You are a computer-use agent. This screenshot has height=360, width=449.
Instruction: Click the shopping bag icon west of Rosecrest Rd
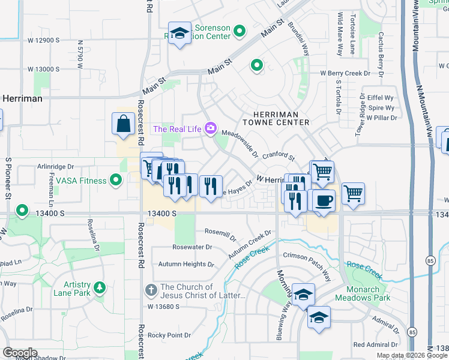coord(123,124)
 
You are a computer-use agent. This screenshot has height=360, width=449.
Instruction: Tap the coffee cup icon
coord(324,200)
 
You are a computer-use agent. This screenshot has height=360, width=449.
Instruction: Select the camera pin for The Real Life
coord(210,128)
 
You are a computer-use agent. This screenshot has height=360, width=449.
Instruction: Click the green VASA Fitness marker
coord(116,180)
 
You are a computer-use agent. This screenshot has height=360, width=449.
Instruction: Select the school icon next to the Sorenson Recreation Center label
coord(179,34)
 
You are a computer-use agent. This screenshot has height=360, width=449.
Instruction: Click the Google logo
coord(20,353)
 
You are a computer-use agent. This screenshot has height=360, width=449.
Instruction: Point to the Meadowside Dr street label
coord(240,143)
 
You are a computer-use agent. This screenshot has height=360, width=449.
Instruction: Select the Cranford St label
coord(278,156)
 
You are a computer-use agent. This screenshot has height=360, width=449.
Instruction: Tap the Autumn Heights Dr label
coord(186,264)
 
